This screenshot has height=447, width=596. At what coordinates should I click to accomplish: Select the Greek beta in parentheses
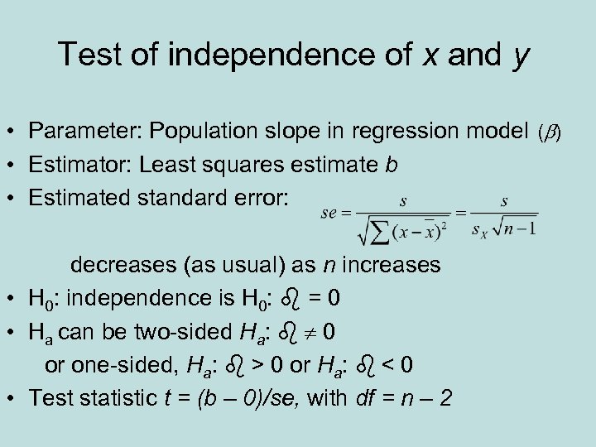(x=550, y=132)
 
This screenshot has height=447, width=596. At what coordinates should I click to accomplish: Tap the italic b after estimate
(x=392, y=165)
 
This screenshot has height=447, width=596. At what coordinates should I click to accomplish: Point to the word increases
(x=392, y=266)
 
